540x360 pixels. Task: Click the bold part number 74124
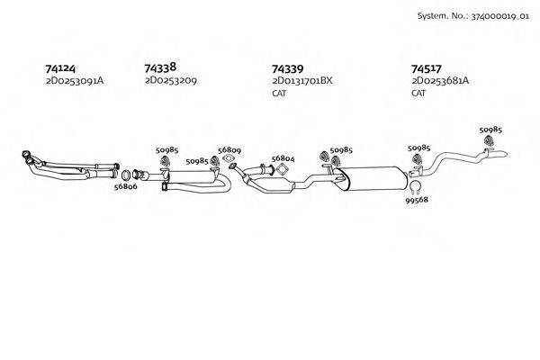(60, 68)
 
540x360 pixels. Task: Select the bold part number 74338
(160, 67)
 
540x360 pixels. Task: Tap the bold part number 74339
(288, 69)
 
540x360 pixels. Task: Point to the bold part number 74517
(426, 69)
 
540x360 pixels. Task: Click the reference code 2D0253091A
(75, 81)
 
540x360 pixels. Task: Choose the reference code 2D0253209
(171, 81)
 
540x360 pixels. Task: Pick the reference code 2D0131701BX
(302, 81)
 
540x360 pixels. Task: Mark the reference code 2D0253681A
(440, 81)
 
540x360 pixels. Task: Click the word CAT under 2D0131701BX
(279, 93)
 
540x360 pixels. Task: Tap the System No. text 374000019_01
(499, 16)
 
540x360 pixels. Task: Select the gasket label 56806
(126, 186)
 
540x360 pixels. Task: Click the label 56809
(229, 150)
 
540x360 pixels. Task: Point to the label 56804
(283, 158)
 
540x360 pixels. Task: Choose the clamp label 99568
(417, 200)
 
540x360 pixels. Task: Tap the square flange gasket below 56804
(282, 170)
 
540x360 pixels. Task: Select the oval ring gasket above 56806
(126, 175)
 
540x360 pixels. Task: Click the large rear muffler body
(371, 178)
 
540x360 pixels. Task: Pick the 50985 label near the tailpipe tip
(490, 130)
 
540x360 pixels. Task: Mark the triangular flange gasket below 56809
(229, 158)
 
